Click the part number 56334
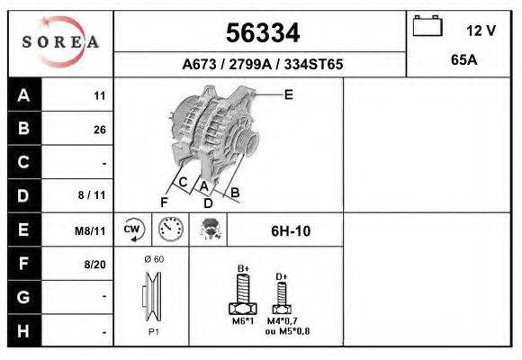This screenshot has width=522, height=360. click(261, 33)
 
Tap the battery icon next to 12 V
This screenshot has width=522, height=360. click(426, 27)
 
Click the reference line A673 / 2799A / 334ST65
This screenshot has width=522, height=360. click(262, 65)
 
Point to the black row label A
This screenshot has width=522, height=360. click(24, 95)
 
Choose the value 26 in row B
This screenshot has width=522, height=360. click(99, 130)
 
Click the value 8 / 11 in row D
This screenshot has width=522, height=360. click(93, 195)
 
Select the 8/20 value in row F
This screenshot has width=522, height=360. click(95, 264)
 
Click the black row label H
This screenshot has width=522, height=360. click(24, 330)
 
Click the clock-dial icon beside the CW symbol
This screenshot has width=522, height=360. click(170, 229)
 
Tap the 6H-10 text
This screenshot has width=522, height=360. click(291, 231)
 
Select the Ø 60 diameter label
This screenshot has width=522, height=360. click(154, 259)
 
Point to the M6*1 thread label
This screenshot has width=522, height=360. click(243, 321)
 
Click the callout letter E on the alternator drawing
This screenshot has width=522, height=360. click(288, 93)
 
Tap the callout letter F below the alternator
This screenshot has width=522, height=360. click(164, 201)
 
